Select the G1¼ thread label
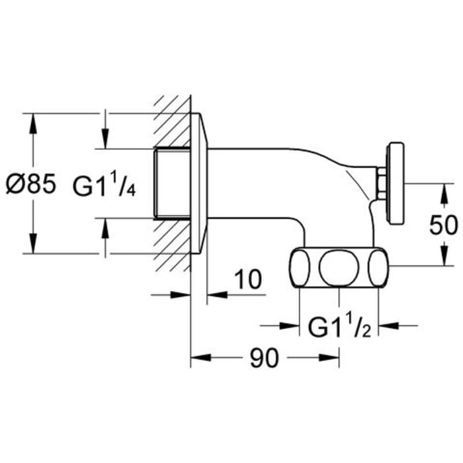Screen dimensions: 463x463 tap(105, 186)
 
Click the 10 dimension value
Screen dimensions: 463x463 tap(247, 280)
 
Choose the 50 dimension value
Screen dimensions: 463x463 tap(443, 225)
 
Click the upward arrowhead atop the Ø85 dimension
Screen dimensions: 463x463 tap(32, 119)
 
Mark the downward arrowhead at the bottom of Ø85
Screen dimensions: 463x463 tap(32, 247)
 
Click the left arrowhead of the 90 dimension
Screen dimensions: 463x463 tap(196, 359)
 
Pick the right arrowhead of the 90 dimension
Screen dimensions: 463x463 tap(335, 359)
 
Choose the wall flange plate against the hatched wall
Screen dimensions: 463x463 tap(199, 182)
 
